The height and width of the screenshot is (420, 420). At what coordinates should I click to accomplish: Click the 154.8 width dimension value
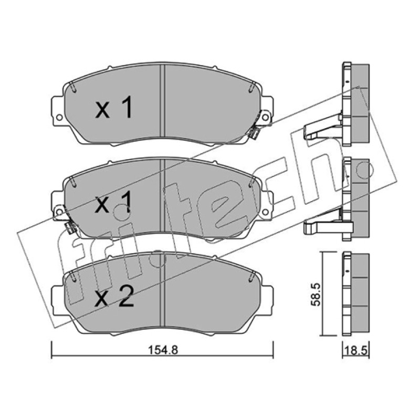(163, 350)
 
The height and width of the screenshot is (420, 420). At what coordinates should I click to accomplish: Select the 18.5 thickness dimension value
(356, 351)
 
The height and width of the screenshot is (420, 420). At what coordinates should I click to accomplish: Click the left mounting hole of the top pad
(59, 117)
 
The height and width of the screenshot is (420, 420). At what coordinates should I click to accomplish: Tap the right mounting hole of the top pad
(265, 117)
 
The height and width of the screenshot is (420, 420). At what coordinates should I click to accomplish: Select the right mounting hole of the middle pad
(265, 212)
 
